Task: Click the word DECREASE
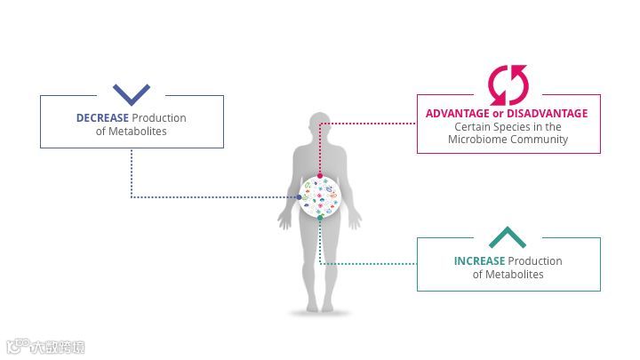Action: [x=102, y=118]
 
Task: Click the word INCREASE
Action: [x=479, y=261]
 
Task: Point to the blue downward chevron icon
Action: [x=132, y=93]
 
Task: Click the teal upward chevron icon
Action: [x=508, y=237]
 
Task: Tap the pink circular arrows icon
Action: [x=508, y=85]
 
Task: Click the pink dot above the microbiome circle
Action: [x=320, y=176]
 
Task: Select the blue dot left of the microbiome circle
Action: [x=300, y=196]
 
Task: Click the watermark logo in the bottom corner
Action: [x=44, y=347]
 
